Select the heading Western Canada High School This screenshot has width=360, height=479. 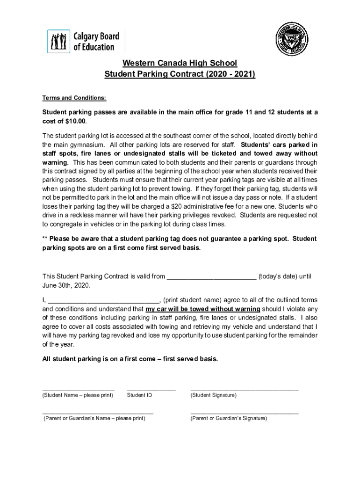point(180,63)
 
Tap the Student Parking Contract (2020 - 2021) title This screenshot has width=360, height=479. point(180,74)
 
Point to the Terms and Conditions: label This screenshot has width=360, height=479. point(74,98)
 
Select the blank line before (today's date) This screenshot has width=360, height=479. point(211,276)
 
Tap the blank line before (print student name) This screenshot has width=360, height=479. point(104,300)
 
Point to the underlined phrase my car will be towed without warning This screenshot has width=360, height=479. point(202,309)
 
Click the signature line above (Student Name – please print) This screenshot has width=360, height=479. point(78,389)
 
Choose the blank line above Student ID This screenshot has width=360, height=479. point(151,389)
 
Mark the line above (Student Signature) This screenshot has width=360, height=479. point(244,389)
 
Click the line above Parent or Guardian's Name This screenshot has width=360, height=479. point(98,413)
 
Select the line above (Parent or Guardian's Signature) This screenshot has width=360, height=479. point(244,413)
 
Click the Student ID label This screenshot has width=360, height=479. point(139,396)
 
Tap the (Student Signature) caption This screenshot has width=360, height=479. point(213,396)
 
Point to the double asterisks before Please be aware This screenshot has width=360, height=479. point(45,239)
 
